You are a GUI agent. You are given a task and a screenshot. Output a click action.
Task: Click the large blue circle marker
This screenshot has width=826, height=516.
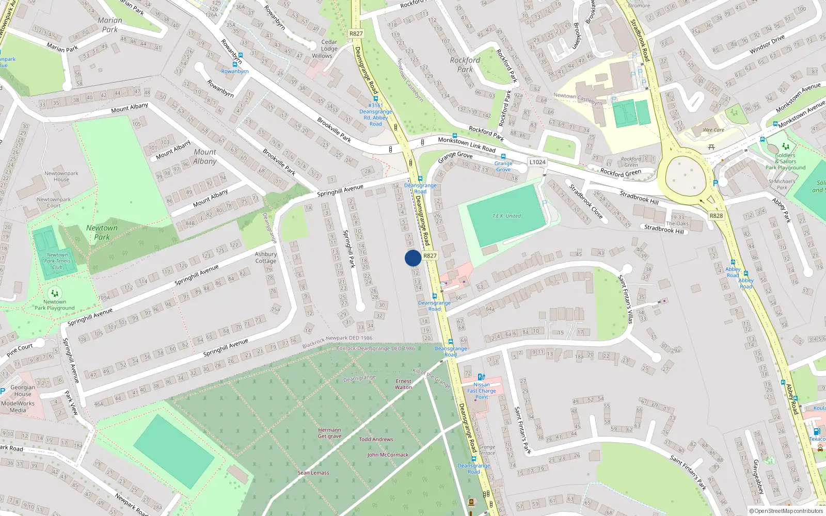[413, 258]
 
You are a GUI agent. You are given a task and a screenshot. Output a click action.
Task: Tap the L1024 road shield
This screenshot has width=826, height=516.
[537, 162]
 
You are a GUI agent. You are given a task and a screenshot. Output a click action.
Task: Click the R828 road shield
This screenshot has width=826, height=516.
[716, 216]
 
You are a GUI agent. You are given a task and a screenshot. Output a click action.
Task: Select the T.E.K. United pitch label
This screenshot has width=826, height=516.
[506, 216]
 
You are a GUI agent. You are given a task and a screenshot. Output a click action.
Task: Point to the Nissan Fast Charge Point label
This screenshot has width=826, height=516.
[482, 391]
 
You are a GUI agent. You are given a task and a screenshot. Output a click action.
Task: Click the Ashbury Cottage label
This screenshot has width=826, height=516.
[266, 257]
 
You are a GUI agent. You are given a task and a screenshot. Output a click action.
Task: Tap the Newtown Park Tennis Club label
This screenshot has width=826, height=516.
[57, 261]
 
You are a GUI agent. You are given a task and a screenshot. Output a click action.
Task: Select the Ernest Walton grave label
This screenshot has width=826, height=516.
[404, 384]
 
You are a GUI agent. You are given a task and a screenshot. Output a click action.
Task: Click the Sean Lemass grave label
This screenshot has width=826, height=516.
[313, 473]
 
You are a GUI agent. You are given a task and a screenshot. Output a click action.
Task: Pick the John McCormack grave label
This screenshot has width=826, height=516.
[388, 455]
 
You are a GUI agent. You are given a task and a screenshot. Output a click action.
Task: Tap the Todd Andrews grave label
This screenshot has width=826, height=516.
[376, 440]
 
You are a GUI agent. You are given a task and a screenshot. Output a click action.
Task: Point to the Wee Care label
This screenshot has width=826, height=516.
[713, 130]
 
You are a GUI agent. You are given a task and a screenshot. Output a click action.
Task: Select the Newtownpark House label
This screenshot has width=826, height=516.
[61, 176]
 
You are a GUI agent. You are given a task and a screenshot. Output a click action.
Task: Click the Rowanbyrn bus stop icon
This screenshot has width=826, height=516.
[235, 64]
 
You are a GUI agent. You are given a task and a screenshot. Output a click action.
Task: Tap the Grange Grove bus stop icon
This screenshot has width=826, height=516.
[503, 156]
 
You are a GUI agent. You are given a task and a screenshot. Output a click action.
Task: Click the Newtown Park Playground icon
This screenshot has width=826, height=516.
[55, 294]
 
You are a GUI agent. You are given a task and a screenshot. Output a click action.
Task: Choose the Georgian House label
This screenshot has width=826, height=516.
[23, 391]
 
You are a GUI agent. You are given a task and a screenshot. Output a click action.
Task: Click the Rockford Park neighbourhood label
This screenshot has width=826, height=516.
[465, 64]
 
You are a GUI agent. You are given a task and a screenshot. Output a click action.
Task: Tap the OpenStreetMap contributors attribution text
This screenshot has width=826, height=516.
[787, 511]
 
